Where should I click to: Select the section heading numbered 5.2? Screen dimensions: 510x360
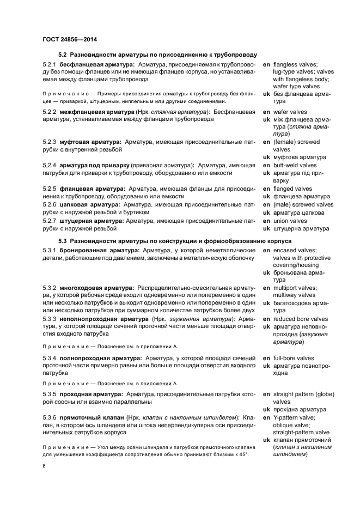(157, 55)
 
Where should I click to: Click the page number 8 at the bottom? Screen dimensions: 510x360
(44, 466)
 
